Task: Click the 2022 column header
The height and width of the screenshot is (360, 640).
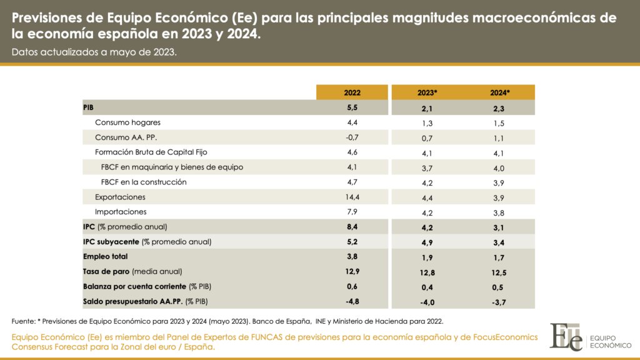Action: (x=352, y=92)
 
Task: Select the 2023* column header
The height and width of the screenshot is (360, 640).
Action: (x=427, y=92)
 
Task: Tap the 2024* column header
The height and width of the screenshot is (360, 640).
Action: (x=500, y=92)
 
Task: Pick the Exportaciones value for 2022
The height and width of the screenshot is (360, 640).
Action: (x=352, y=197)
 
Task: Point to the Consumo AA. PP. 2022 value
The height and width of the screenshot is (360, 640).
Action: (x=352, y=137)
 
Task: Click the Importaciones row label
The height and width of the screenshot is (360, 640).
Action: (x=121, y=212)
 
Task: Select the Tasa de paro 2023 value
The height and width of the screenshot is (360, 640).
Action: (x=427, y=273)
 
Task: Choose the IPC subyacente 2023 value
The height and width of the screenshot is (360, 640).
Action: (x=427, y=243)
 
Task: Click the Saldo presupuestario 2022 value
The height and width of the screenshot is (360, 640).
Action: (x=352, y=301)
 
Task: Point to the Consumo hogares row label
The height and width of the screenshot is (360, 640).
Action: (x=127, y=122)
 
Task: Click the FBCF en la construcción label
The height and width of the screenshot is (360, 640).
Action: (x=144, y=182)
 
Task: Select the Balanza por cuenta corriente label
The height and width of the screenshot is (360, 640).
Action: (x=135, y=286)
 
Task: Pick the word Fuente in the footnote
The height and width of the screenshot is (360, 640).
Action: (x=23, y=321)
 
